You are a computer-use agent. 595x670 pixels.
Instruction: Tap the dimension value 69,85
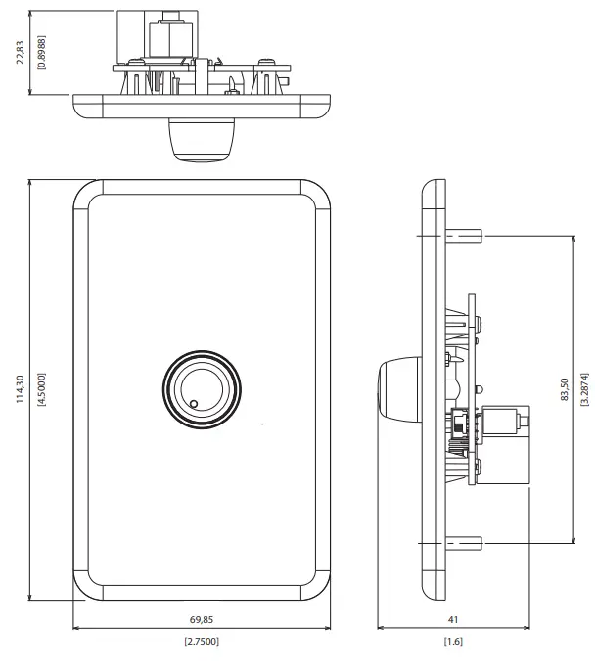201,621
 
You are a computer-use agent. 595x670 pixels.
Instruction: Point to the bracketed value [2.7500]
201,642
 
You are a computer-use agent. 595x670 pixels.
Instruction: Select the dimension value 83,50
565,389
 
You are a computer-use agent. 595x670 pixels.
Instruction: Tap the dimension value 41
452,621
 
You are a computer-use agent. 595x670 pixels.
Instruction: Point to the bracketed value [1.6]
452,642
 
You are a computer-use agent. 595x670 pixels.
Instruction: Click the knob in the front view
201,388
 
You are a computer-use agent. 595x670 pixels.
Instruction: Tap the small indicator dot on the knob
194,403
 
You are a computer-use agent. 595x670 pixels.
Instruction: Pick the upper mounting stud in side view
465,236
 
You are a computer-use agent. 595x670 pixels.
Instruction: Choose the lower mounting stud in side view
465,543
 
